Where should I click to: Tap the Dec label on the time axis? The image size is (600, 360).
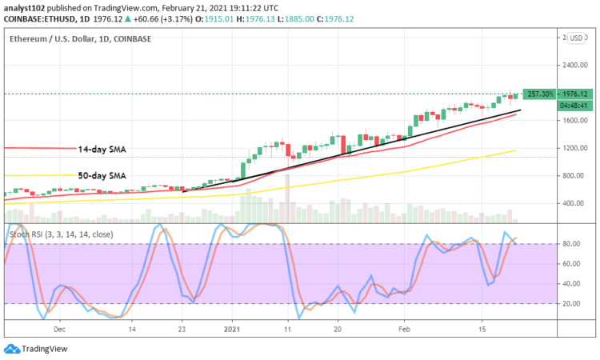59,329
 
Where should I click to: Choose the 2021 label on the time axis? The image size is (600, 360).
232,329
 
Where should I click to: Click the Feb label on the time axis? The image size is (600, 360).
404,329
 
